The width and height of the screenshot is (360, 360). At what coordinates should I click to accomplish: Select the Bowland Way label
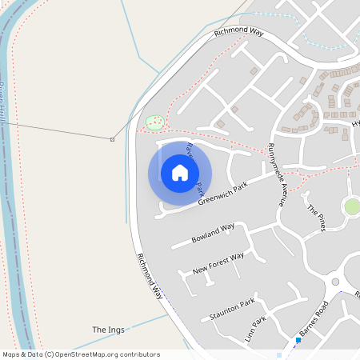tap(214, 233)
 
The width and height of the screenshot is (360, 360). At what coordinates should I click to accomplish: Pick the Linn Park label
tap(258, 327)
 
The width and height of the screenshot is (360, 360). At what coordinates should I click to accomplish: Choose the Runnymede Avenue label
tap(276, 175)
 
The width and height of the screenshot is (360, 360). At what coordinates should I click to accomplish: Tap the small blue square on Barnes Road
tap(298, 340)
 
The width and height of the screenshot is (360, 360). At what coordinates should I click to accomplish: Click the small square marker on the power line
tap(112, 140)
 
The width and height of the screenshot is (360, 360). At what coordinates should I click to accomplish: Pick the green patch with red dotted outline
tap(154, 122)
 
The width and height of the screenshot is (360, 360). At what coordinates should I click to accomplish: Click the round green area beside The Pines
tap(352, 207)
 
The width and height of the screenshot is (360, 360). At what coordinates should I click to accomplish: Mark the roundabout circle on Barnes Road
tap(336, 282)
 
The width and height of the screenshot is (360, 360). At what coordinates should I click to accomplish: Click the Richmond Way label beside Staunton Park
tap(150, 276)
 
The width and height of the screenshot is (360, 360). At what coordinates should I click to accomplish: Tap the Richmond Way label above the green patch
tap(238, 32)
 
